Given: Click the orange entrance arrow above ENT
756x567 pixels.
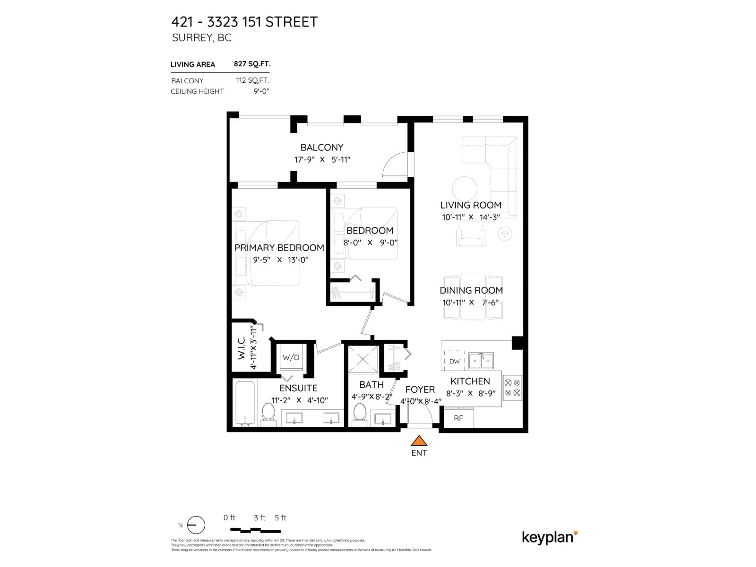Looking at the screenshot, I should (x=419, y=441).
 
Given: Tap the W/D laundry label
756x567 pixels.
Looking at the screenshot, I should (x=291, y=358).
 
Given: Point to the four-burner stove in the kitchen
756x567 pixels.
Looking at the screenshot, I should (x=512, y=388).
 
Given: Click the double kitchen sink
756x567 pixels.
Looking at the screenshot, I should (x=481, y=360).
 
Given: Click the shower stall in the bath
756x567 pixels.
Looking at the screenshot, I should (x=363, y=359).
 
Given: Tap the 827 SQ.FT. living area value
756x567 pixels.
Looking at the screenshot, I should (x=252, y=64).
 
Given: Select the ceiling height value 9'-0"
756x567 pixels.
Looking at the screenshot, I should (x=261, y=91).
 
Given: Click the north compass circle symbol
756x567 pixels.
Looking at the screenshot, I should (x=196, y=525).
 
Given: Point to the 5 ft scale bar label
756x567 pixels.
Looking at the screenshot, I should (x=280, y=518).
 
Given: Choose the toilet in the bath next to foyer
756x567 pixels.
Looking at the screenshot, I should (x=359, y=414).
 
